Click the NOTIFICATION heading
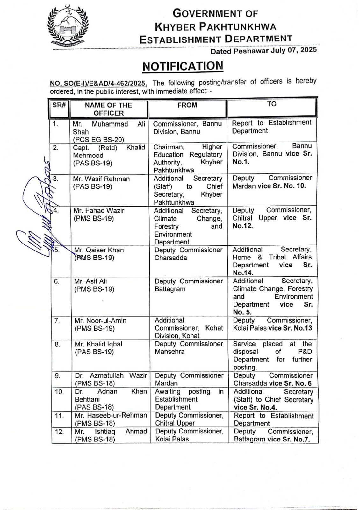(x=183, y=66)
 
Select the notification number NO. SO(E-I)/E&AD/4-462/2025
(x=98, y=84)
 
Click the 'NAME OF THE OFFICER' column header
(x=108, y=109)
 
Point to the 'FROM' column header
(x=187, y=105)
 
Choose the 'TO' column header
(x=272, y=104)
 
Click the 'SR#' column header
(x=59, y=105)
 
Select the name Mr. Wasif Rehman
(x=102, y=179)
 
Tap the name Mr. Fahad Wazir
(x=99, y=211)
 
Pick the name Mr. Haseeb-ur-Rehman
(x=111, y=415)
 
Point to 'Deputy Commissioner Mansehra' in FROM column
(x=189, y=348)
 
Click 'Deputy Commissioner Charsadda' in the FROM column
(x=188, y=254)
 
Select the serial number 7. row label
(x=57, y=321)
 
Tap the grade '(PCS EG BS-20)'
(x=98, y=139)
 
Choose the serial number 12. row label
(x=60, y=432)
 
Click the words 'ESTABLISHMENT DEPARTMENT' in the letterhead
(x=216, y=39)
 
